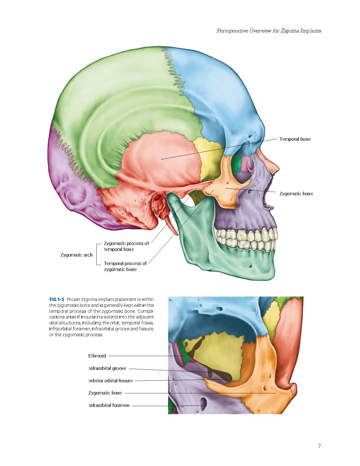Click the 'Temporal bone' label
coord(295,139)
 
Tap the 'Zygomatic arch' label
coord(77,255)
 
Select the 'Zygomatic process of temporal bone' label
coord(126,246)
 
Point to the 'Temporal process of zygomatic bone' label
coord(125,266)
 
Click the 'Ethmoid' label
coord(97,356)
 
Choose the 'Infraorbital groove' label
coord(107,368)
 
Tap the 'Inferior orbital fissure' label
coord(111,381)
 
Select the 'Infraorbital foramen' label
coord(109,405)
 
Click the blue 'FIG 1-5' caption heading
coord(57,299)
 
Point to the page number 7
coord(319,446)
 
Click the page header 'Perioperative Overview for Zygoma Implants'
coord(269,31)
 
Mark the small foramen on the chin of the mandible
coord(250,266)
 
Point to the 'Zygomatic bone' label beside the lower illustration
coord(105,393)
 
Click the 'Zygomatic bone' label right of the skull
coord(296,194)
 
